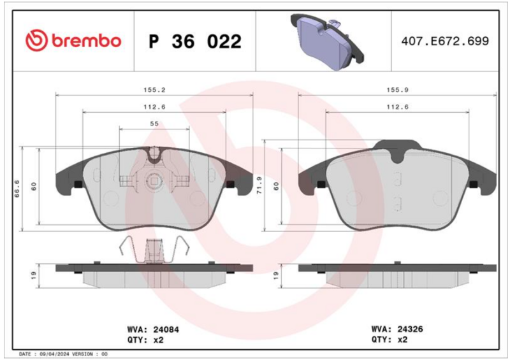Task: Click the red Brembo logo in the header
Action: tap(73, 41)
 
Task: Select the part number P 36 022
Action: tap(195, 41)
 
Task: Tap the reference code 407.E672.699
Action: tap(445, 41)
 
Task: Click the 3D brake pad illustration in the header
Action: tap(327, 41)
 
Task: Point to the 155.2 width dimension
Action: tap(154, 90)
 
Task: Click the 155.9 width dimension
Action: tap(397, 90)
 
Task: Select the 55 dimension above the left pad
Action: tap(154, 124)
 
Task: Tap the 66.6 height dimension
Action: tap(17, 189)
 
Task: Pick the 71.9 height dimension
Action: tap(259, 185)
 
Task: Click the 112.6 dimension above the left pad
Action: tap(154, 106)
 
